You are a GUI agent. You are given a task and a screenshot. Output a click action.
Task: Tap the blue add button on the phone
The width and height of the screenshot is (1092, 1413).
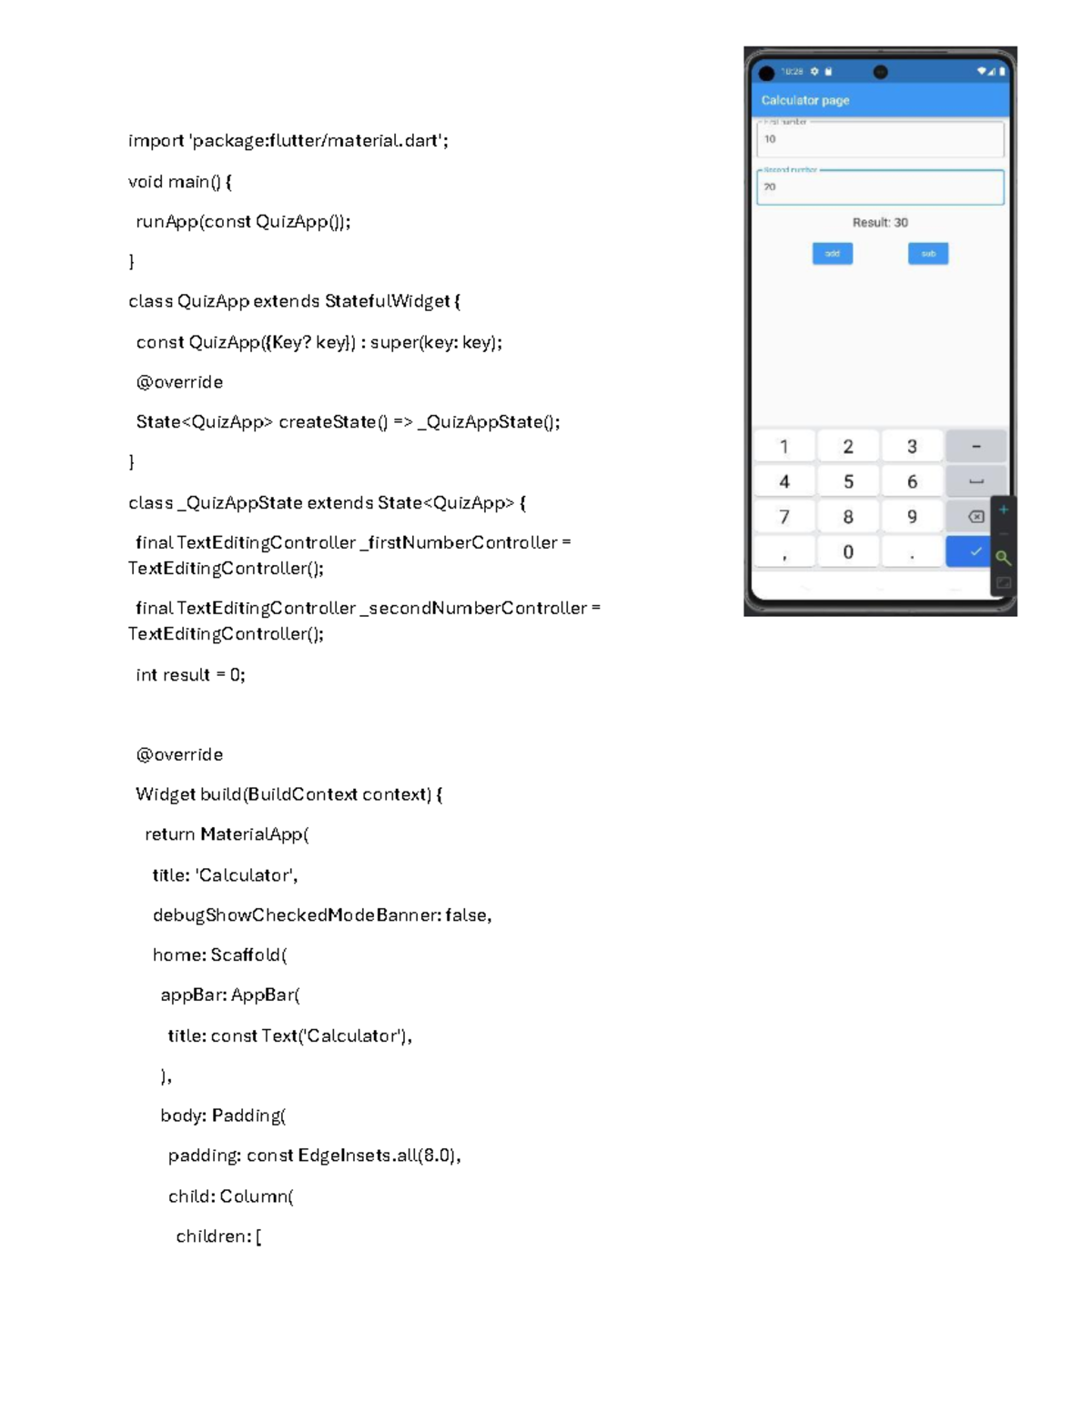point(832,253)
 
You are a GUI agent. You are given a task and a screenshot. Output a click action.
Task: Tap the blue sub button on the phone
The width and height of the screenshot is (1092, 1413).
point(927,253)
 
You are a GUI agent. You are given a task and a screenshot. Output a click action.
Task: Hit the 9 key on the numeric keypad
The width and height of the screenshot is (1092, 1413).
point(911,517)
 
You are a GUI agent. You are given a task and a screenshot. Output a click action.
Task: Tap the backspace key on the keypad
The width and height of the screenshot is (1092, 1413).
point(976,517)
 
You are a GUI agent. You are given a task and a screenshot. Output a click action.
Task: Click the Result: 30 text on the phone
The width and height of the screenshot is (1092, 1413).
point(879,222)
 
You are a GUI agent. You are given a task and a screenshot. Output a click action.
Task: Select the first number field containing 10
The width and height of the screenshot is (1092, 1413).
point(879,139)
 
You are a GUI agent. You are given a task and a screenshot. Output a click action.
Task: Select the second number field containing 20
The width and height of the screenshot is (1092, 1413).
point(879,187)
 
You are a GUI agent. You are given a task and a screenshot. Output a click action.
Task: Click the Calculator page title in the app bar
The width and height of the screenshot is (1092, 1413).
point(804,100)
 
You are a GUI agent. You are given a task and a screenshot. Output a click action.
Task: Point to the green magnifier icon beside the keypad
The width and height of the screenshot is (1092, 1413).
point(1003,558)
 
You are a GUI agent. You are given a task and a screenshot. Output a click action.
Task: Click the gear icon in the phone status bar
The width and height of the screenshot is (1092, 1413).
point(814,71)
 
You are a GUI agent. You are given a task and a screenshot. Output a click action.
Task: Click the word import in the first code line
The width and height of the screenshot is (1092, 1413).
point(156,140)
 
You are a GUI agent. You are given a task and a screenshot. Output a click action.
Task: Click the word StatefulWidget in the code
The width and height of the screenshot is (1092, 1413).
point(387,301)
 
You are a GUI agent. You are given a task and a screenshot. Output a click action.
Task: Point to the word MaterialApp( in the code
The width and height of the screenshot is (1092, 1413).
point(254,834)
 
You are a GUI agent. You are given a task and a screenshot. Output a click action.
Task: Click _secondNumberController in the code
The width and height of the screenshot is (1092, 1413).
point(473,608)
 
